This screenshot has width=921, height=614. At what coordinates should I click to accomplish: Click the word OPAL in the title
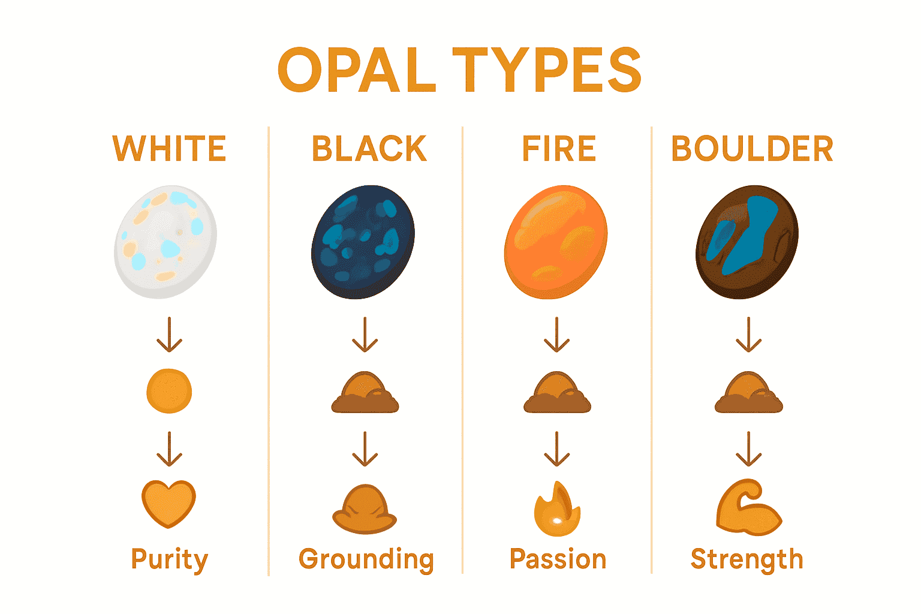pos(356,71)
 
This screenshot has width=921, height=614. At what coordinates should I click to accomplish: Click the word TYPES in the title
pos(546,71)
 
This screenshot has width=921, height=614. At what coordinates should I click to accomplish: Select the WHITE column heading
pos(170,149)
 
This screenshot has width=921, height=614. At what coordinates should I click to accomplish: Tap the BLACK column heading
pos(369,149)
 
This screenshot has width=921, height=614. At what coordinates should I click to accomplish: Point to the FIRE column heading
pos(559,149)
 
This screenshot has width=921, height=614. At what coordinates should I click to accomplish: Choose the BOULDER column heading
pos(752,149)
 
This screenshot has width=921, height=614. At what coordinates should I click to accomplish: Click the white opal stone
pos(165,241)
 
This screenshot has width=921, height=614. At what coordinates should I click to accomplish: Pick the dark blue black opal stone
pos(363,241)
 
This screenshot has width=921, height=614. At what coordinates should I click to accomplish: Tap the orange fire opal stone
pos(556,241)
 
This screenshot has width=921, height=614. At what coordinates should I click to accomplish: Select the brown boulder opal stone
pos(747,241)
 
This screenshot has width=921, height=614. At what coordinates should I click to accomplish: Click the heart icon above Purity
pos(169,502)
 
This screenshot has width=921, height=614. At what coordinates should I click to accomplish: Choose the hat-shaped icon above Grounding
pos(365,508)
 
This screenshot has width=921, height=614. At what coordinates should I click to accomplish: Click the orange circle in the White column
pos(169,391)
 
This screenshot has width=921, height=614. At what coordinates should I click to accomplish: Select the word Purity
pos(170,559)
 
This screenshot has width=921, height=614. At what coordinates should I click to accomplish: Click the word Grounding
pos(366,559)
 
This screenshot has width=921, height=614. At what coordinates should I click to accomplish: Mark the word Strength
pos(747,559)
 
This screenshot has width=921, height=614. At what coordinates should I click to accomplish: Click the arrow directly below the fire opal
pos(557,335)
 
